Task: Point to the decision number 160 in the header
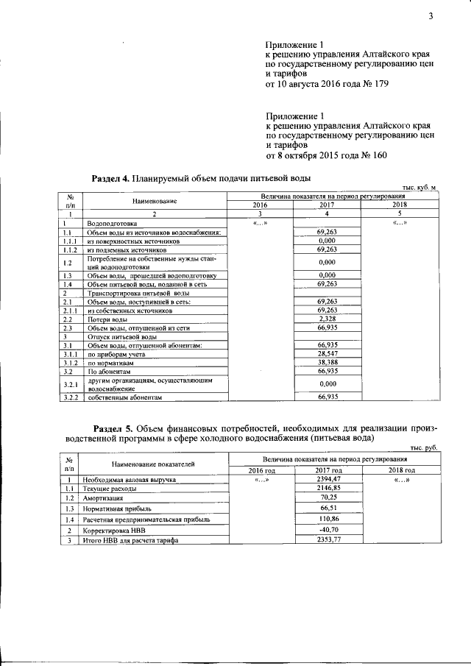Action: pyautogui.click(x=376, y=155)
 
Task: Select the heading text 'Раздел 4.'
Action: pyautogui.click(x=110, y=178)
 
